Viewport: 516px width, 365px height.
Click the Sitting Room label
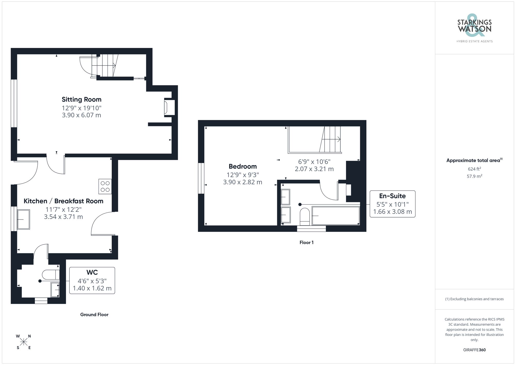tap(82, 100)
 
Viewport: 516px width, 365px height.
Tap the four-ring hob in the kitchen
tap(105, 186)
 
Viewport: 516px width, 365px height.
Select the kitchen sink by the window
tap(23, 220)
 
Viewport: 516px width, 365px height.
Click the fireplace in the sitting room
tap(169, 107)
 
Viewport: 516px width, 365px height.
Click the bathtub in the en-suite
tap(336, 216)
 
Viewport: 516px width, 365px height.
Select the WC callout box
tap(92, 280)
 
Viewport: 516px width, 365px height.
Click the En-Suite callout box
tap(392, 204)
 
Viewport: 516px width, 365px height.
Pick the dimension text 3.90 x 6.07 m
tap(82, 115)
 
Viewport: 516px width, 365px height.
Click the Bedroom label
tap(243, 167)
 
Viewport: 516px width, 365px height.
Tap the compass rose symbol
tap(24, 342)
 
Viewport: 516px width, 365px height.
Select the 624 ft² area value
tap(474, 169)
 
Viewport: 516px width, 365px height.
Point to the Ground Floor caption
tap(94, 315)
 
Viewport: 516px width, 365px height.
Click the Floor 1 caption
tap(307, 242)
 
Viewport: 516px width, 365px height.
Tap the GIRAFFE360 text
tap(474, 350)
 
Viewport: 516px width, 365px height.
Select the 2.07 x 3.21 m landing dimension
tap(314, 169)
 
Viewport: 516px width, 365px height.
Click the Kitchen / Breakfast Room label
tap(63, 201)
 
